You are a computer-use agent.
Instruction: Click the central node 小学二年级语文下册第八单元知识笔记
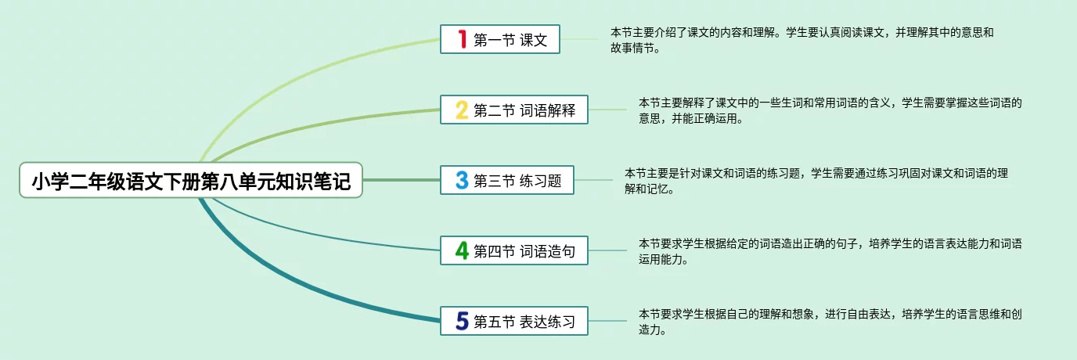point(192,181)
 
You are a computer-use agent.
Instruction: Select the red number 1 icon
point(462,39)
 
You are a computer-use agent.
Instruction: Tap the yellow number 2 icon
point(462,110)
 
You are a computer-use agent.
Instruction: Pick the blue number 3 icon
point(462,181)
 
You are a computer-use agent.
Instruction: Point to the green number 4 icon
point(462,250)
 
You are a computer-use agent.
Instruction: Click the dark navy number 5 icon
point(462,320)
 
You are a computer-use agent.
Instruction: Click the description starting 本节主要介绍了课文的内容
point(801,40)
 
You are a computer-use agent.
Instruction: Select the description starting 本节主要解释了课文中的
point(830,110)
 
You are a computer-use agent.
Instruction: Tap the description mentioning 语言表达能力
point(830,251)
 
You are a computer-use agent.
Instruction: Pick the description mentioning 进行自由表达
point(830,322)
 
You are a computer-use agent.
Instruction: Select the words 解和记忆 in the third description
point(649,189)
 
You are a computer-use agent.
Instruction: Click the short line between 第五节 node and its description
point(607,320)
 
